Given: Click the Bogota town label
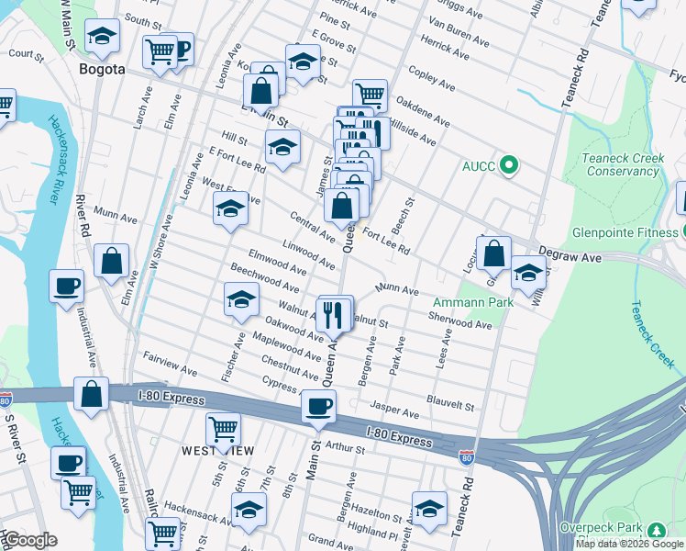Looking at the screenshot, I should pyautogui.click(x=102, y=69).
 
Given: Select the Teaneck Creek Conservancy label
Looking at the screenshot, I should pyautogui.click(x=623, y=164).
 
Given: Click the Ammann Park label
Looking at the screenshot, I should pyautogui.click(x=468, y=302).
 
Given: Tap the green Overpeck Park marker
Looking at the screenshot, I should pyautogui.click(x=655, y=531).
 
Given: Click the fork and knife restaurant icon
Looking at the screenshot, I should pyautogui.click(x=336, y=314).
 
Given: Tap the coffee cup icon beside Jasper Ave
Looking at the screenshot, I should pyautogui.click(x=318, y=406).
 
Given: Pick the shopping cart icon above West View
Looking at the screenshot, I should pyautogui.click(x=223, y=428).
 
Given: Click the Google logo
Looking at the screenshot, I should pyautogui.click(x=30, y=540).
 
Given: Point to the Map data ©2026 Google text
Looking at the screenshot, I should pyautogui.click(x=628, y=544).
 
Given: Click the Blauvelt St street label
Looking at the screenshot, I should pyautogui.click(x=450, y=403).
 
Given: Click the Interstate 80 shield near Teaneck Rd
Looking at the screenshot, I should pyautogui.click(x=466, y=455).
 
